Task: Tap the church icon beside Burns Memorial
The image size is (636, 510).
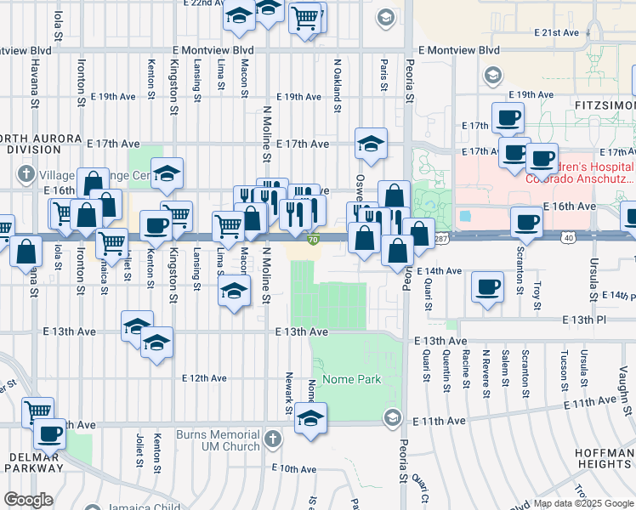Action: pyautogui.click(x=272, y=439)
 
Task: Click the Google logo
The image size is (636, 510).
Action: pyautogui.click(x=28, y=500)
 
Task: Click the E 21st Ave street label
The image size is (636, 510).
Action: pyautogui.click(x=557, y=32)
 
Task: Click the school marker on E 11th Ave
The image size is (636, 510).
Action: pyautogui.click(x=311, y=419)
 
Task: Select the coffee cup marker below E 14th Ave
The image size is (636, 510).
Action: pyautogui.click(x=486, y=287)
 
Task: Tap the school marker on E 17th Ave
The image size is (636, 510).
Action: pyautogui.click(x=371, y=144)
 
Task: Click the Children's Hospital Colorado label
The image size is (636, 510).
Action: pyautogui.click(x=580, y=172)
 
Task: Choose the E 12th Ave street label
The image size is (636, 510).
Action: pyautogui.click(x=204, y=378)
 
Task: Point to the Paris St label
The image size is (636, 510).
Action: pyautogui.click(x=384, y=75)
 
